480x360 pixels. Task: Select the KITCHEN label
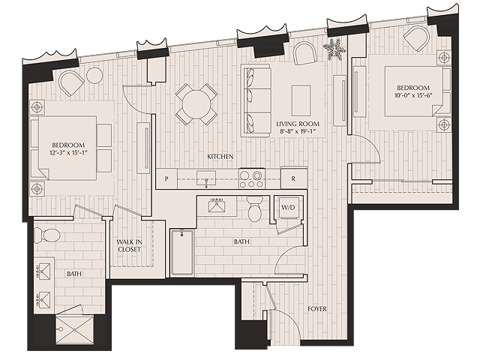(220, 156)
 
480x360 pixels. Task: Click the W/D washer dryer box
(288, 207)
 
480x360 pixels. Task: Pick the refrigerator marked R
(293, 179)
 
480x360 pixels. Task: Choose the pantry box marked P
(166, 179)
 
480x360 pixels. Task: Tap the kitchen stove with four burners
(250, 178)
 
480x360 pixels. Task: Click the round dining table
(196, 103)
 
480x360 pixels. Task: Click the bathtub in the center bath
(181, 253)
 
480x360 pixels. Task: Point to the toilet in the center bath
(254, 210)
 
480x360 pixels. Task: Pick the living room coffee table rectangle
(301, 97)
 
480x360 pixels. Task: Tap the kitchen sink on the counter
(203, 178)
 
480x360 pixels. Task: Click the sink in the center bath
(219, 206)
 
